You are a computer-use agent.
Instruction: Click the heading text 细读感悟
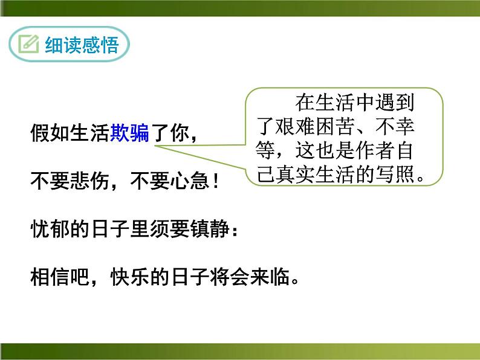(81, 45)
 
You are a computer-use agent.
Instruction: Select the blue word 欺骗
(129, 133)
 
